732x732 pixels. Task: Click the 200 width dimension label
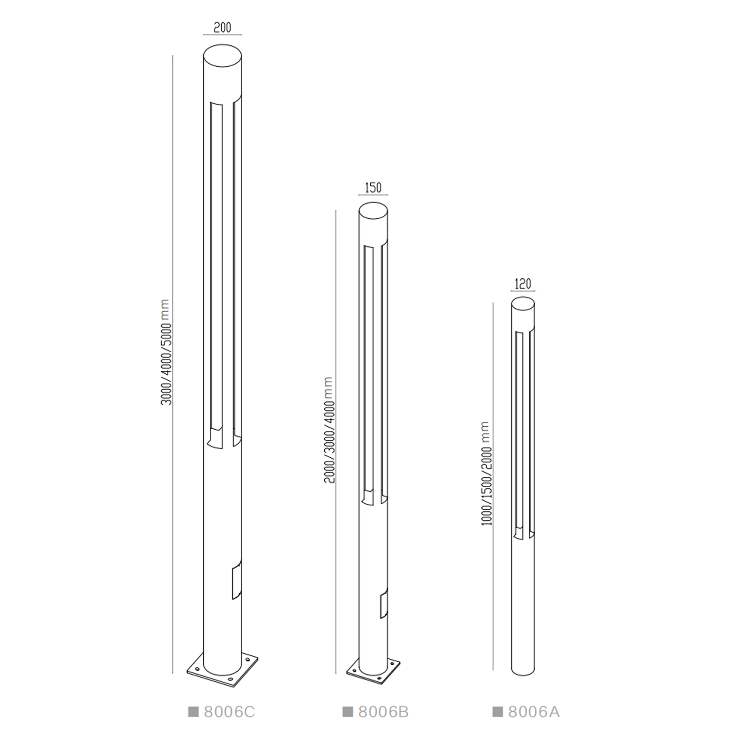click(x=222, y=28)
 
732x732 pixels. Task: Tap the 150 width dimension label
click(x=373, y=188)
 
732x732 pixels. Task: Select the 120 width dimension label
click(x=523, y=284)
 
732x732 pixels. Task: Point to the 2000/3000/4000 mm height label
click(x=329, y=430)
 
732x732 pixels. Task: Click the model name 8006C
click(x=230, y=712)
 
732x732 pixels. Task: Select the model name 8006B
click(x=383, y=712)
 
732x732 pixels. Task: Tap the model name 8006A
click(x=534, y=712)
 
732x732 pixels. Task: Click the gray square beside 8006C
click(x=193, y=712)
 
